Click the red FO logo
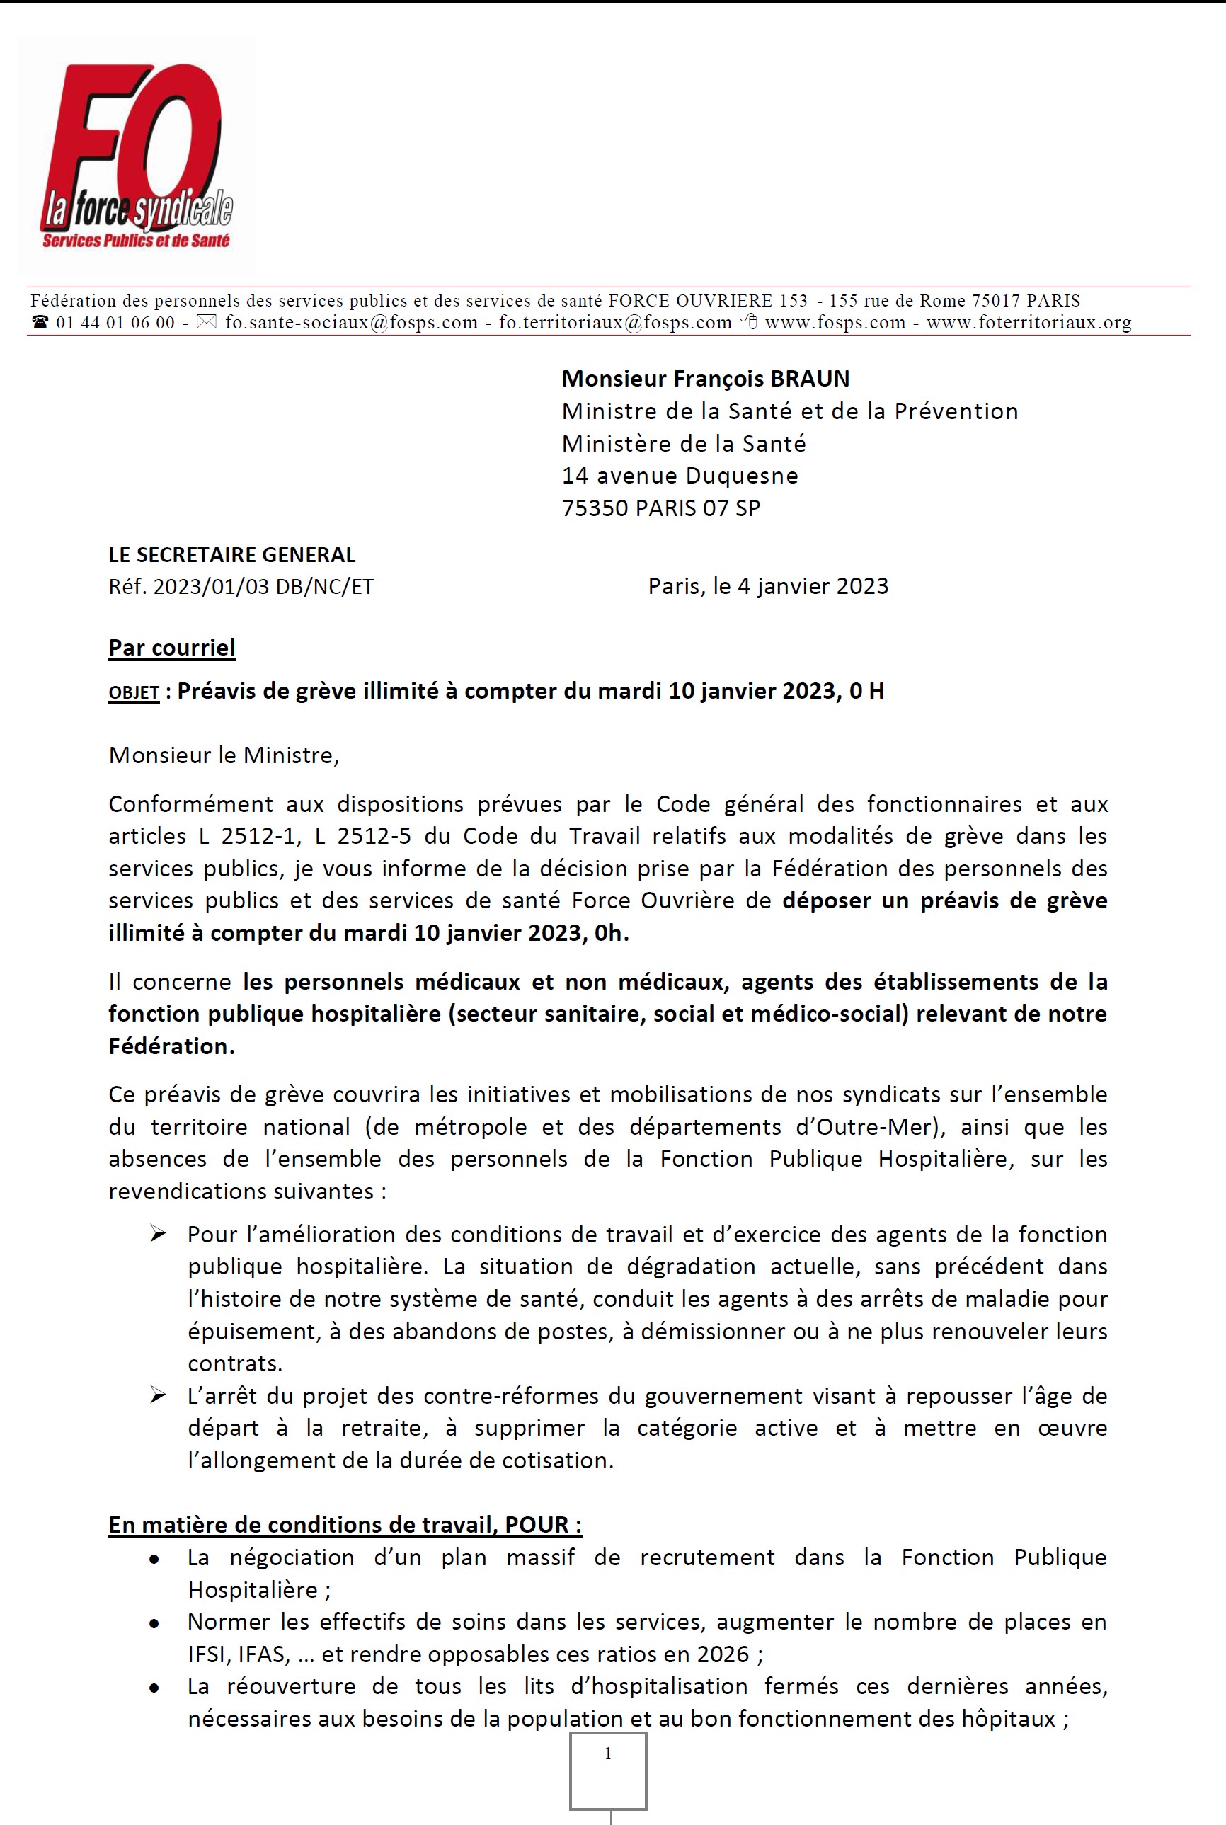[x=137, y=156]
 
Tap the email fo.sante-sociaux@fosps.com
[x=351, y=322]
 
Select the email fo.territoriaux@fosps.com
[x=615, y=322]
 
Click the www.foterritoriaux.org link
[x=1029, y=322]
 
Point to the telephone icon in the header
[x=40, y=322]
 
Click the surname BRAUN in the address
[x=810, y=379]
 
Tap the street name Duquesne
[x=741, y=476]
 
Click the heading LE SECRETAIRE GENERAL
[x=231, y=554]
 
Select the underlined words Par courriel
[x=172, y=648]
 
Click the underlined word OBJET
[x=134, y=693]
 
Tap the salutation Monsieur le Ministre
[x=224, y=755]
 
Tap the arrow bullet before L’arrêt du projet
[x=158, y=1396]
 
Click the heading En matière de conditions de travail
[x=345, y=1525]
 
